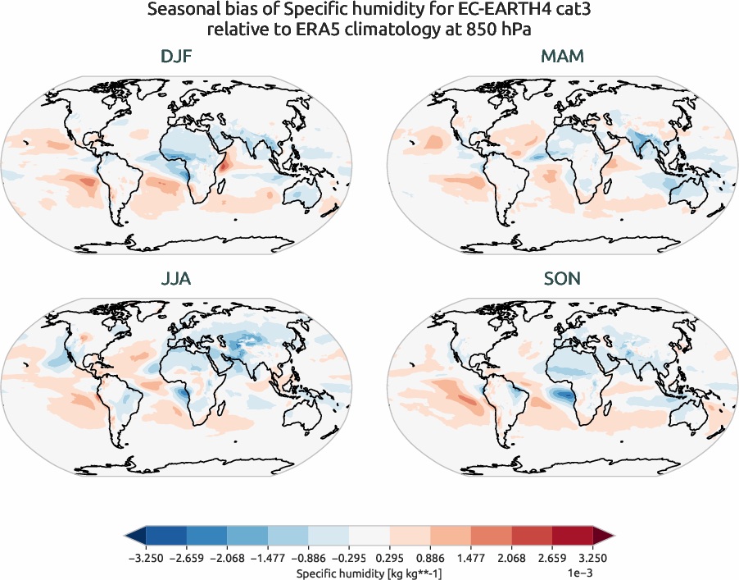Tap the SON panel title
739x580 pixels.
tap(562, 279)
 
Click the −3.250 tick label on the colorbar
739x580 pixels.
tap(145, 557)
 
